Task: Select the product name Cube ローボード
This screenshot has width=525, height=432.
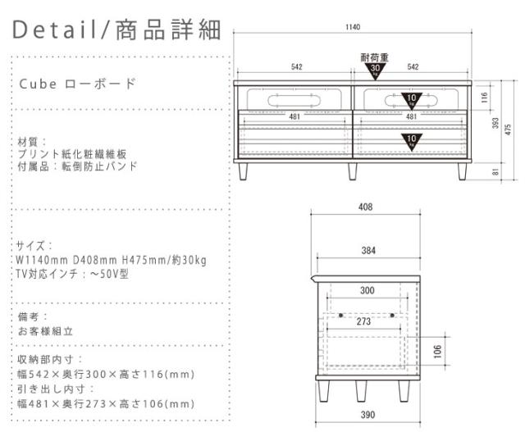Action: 76,84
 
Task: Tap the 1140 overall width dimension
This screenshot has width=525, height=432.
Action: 352,28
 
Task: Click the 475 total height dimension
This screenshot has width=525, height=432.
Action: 509,129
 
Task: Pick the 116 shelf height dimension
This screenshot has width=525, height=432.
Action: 484,97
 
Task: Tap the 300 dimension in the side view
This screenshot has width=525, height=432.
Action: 366,290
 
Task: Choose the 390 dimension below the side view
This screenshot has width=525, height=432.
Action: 366,416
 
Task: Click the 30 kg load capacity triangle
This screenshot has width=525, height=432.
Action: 373,70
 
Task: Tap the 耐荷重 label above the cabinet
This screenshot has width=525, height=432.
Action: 374,57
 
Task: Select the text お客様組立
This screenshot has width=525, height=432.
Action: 46,331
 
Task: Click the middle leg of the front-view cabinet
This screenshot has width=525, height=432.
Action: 352,170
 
